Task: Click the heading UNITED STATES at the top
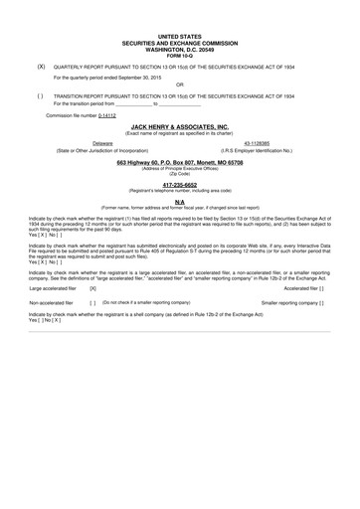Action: [x=179, y=35]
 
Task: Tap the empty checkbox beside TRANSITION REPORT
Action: [x=40, y=95]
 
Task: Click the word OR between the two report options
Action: [x=179, y=85]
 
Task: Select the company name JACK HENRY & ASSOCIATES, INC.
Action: [x=179, y=127]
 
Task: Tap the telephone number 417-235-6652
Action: [x=179, y=184]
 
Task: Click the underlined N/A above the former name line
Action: [x=179, y=201]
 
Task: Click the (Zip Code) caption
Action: [x=179, y=173]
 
